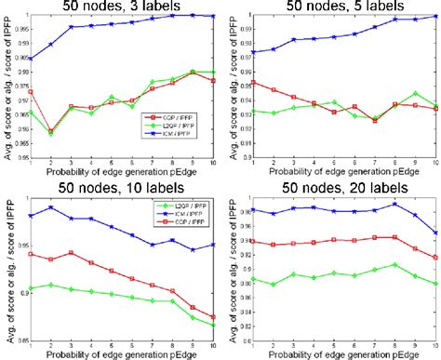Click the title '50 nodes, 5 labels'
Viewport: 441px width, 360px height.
click(x=345, y=8)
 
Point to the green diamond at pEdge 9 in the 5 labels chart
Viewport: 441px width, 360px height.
click(x=416, y=93)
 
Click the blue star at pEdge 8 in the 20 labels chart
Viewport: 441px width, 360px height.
click(x=395, y=205)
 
